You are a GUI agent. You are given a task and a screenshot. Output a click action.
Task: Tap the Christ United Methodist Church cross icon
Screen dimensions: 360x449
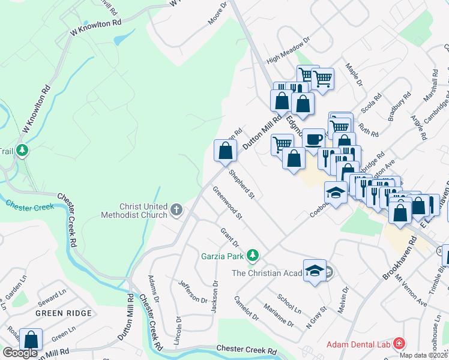tap(176, 210)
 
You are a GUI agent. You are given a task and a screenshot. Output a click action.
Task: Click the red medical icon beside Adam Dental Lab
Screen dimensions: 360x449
tap(399, 344)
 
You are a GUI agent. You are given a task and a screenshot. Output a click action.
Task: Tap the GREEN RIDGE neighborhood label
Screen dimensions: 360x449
tap(64, 313)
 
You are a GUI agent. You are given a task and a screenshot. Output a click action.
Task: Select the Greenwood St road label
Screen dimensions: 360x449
tap(227, 202)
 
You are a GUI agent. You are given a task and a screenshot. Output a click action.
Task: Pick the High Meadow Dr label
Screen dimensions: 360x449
tap(288, 52)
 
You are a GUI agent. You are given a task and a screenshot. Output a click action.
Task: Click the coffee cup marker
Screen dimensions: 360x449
tap(313, 140)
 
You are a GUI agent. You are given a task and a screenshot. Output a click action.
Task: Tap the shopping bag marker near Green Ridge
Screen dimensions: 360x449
tap(31, 340)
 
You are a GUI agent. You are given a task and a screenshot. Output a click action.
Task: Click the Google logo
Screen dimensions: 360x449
tap(20, 353)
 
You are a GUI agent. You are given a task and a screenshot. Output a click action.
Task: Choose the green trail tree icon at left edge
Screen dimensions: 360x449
tap(22, 149)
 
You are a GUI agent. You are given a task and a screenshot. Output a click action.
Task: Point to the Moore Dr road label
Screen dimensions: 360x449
tap(218, 13)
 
